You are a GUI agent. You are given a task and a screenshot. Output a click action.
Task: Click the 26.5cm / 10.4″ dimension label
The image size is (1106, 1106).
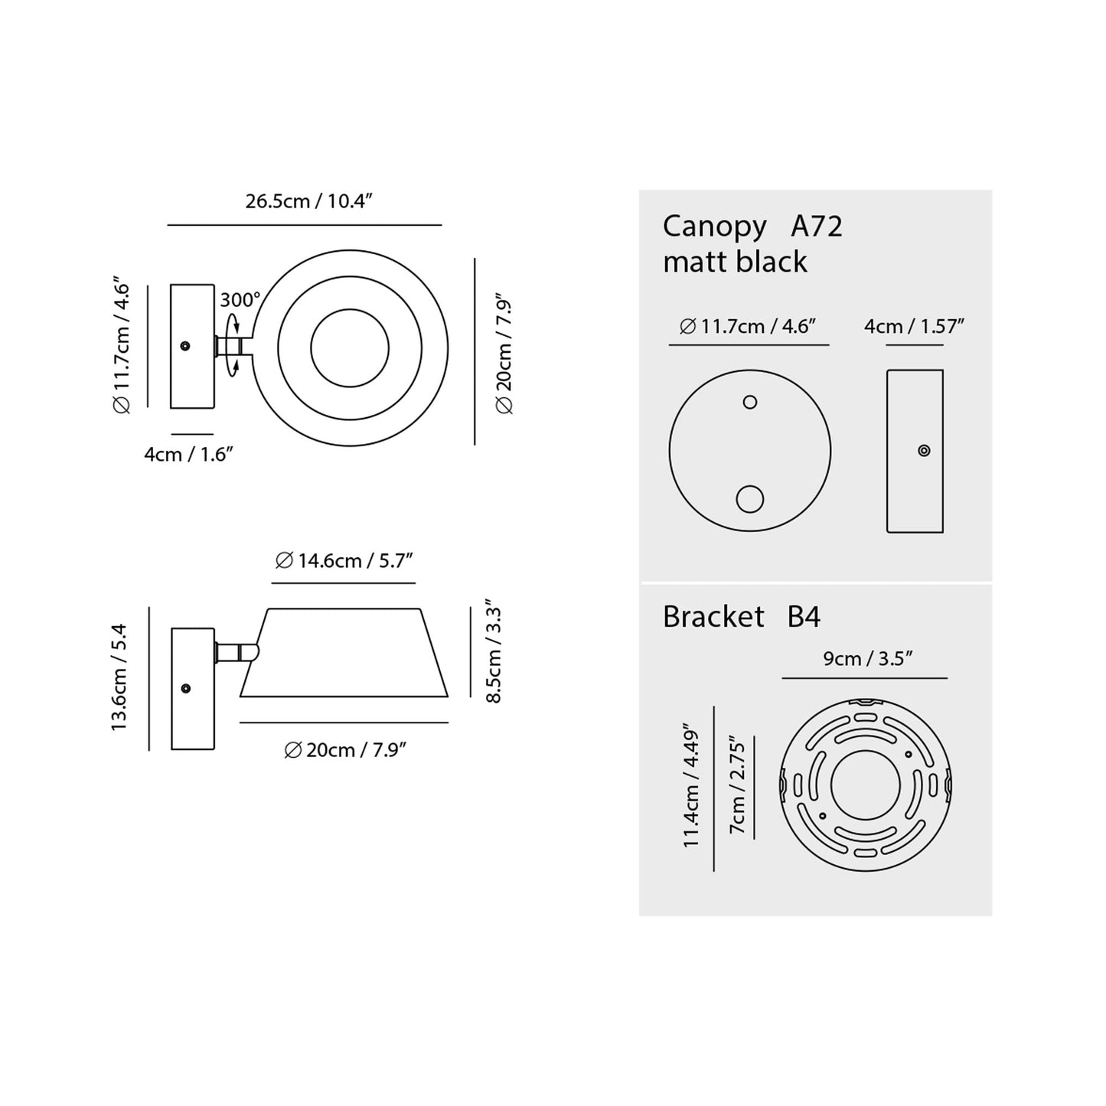coord(308,201)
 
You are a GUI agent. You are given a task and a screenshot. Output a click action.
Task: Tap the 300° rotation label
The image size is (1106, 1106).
coord(240,299)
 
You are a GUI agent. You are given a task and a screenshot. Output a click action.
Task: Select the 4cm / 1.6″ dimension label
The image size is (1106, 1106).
coord(188,454)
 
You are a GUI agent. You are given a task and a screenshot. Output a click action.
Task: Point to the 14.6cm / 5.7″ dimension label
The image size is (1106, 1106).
coord(344,561)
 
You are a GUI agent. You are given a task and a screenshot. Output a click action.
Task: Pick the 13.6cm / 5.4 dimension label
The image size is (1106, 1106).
coord(119,677)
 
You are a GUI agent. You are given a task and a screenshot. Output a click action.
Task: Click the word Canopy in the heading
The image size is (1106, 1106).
coord(714,227)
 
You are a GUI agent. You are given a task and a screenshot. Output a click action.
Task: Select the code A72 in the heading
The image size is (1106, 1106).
coord(816,227)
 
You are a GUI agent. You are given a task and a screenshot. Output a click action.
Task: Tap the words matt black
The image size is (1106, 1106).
coord(735,262)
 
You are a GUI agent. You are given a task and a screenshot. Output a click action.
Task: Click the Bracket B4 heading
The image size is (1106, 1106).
coord(741,617)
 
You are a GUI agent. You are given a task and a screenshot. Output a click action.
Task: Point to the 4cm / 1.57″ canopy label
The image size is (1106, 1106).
coord(914,327)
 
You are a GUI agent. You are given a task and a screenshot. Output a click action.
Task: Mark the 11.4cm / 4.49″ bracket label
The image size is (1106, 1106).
coord(692,788)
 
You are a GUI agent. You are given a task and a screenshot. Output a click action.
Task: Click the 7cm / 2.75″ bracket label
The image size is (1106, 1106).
coord(738,786)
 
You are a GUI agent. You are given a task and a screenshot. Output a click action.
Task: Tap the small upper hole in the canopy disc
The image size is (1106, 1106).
coord(750,402)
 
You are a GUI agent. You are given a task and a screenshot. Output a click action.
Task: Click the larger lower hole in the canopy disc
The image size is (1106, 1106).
coord(749,500)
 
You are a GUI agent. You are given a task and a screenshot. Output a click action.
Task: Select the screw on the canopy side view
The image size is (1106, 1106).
coord(924,451)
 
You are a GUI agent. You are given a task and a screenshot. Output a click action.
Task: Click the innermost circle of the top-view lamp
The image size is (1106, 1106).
coord(350,347)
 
